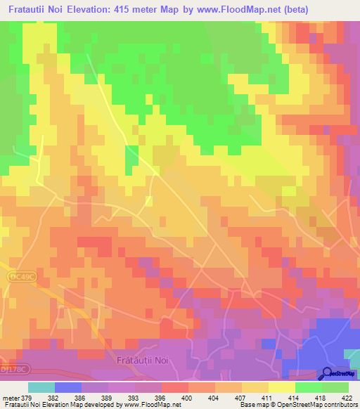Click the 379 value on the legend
(27, 398)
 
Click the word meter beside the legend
(10, 398)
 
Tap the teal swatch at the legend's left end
(41, 387)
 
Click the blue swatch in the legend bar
(67, 387)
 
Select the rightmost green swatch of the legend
(335, 387)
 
